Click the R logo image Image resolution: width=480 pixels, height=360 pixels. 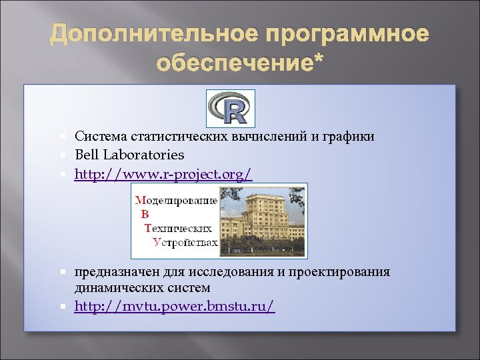[x=230, y=106]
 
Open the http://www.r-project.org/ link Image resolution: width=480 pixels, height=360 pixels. [x=163, y=175]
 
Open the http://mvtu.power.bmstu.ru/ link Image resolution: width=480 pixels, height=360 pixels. [x=174, y=306]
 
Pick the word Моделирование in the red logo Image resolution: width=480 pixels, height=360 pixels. [x=177, y=200]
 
